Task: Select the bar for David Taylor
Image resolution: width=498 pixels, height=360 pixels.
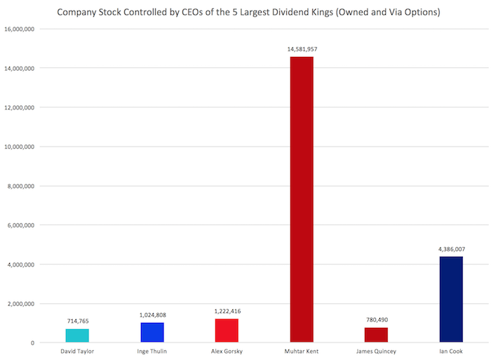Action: coord(78,335)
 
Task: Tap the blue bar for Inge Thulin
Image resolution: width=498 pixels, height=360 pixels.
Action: coord(152,333)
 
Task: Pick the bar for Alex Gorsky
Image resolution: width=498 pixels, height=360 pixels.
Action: coord(227,331)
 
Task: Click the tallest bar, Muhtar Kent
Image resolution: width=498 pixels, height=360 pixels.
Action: coord(302,200)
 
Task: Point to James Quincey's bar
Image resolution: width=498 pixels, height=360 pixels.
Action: coord(376,335)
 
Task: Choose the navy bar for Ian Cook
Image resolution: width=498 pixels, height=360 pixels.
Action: coord(451,300)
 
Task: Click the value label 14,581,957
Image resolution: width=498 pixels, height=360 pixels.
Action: coord(302,49)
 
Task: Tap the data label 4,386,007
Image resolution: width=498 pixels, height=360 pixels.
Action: coord(451,248)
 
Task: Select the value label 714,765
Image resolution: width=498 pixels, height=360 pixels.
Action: coord(78,321)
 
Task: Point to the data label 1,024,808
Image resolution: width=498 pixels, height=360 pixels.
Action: coord(152,314)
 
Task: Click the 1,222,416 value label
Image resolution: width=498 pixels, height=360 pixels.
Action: coord(227,311)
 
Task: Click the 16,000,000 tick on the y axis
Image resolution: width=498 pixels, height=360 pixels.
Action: coord(19,29)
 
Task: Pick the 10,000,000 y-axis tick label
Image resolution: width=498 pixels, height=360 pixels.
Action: coord(19,147)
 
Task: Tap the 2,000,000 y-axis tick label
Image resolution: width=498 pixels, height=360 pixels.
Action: coord(20,304)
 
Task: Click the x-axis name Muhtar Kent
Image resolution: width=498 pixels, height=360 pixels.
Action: coord(302,352)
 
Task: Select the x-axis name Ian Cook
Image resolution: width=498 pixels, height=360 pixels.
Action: coord(451,352)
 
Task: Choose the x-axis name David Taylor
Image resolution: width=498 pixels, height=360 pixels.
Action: coord(78,352)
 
